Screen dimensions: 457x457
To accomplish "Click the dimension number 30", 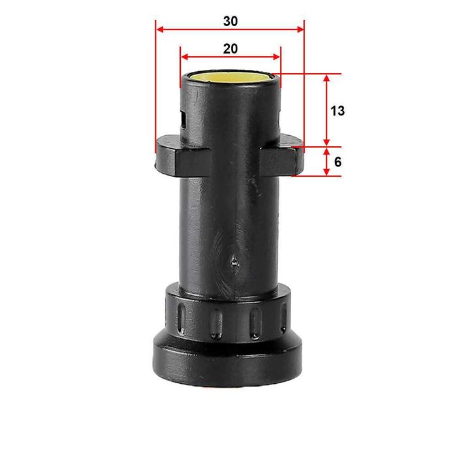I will coord(230,21).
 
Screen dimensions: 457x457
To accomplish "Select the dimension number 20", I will coord(230,48).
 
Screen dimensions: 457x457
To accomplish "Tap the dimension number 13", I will coord(337,111).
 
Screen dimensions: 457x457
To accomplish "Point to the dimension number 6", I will coord(338,161).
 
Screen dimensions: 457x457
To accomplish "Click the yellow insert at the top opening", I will coord(230,77).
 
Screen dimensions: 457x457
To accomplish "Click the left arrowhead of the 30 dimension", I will coord(159,29).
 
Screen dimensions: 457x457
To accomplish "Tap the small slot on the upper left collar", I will coord(185,121).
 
